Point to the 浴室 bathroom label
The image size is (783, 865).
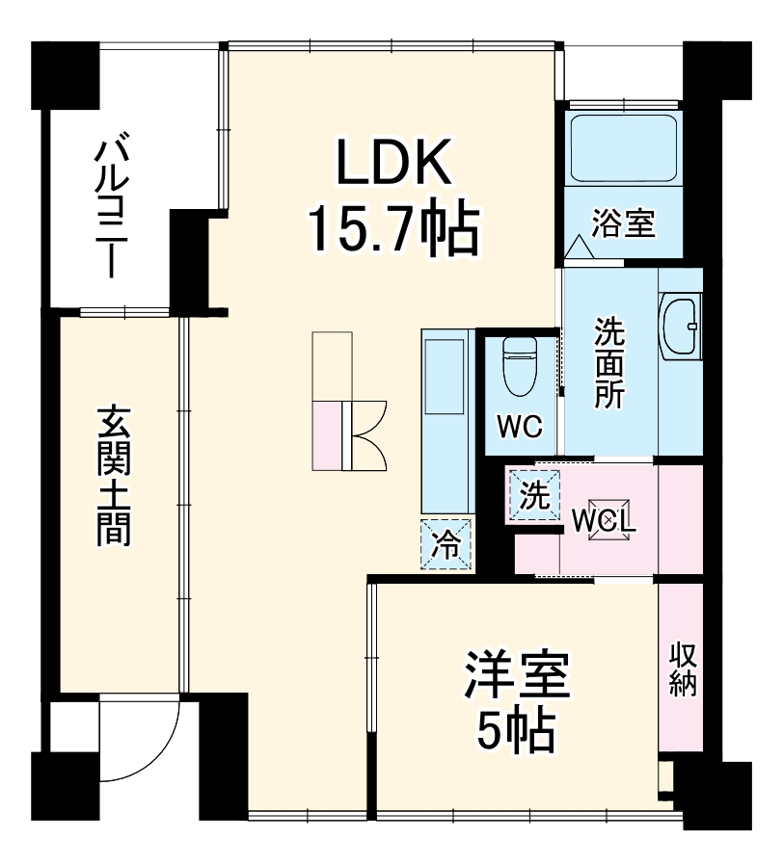(623, 223)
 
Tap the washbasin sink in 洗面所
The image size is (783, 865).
(681, 328)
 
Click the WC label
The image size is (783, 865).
(521, 426)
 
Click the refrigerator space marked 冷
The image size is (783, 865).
(446, 544)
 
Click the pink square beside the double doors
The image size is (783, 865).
(327, 433)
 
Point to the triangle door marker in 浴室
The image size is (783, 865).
(580, 247)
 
